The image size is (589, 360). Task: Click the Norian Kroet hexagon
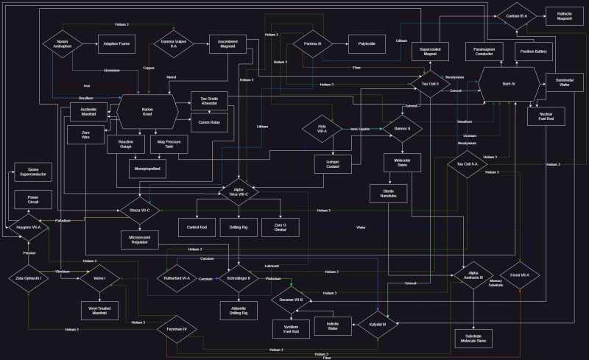(147, 112)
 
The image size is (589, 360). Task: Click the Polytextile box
(361, 44)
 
